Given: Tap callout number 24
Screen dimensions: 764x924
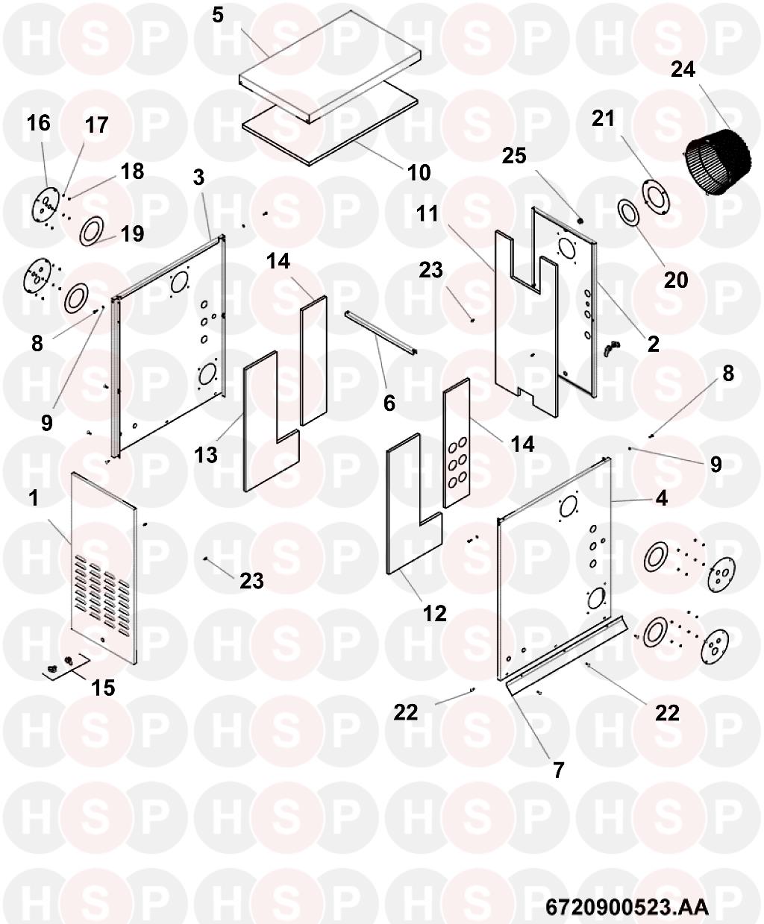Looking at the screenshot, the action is (x=683, y=69).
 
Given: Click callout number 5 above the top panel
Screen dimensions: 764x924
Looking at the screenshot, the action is (x=218, y=15).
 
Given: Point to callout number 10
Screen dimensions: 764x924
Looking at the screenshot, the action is (x=419, y=172).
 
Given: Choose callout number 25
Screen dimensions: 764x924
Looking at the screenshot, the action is (x=514, y=156).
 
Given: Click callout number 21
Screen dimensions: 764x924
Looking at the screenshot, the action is (x=604, y=118).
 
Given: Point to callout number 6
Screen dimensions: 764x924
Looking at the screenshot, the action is (x=389, y=403).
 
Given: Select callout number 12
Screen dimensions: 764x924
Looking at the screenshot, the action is (x=435, y=613).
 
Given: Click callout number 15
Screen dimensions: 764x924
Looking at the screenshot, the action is (x=103, y=688).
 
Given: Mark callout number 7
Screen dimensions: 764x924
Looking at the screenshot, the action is (x=559, y=770).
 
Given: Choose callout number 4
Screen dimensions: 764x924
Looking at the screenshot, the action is (x=661, y=499).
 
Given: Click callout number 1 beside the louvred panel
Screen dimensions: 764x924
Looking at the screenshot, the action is (x=34, y=498).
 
